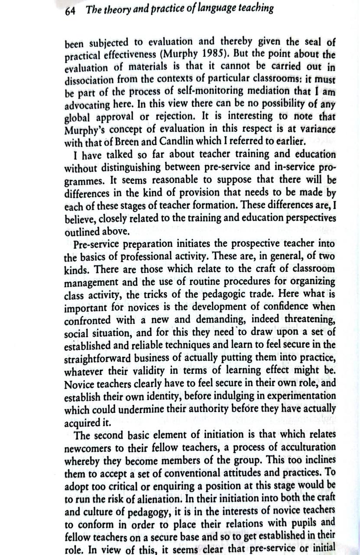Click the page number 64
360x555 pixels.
point(70,11)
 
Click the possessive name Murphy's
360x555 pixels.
point(86,129)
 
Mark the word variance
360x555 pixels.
point(314,129)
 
